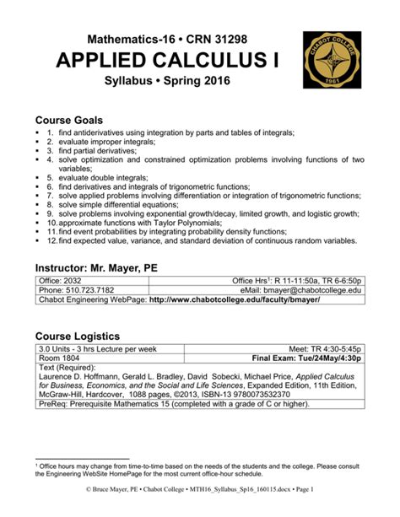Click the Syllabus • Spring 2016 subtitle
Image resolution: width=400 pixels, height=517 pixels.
click(x=165, y=84)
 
